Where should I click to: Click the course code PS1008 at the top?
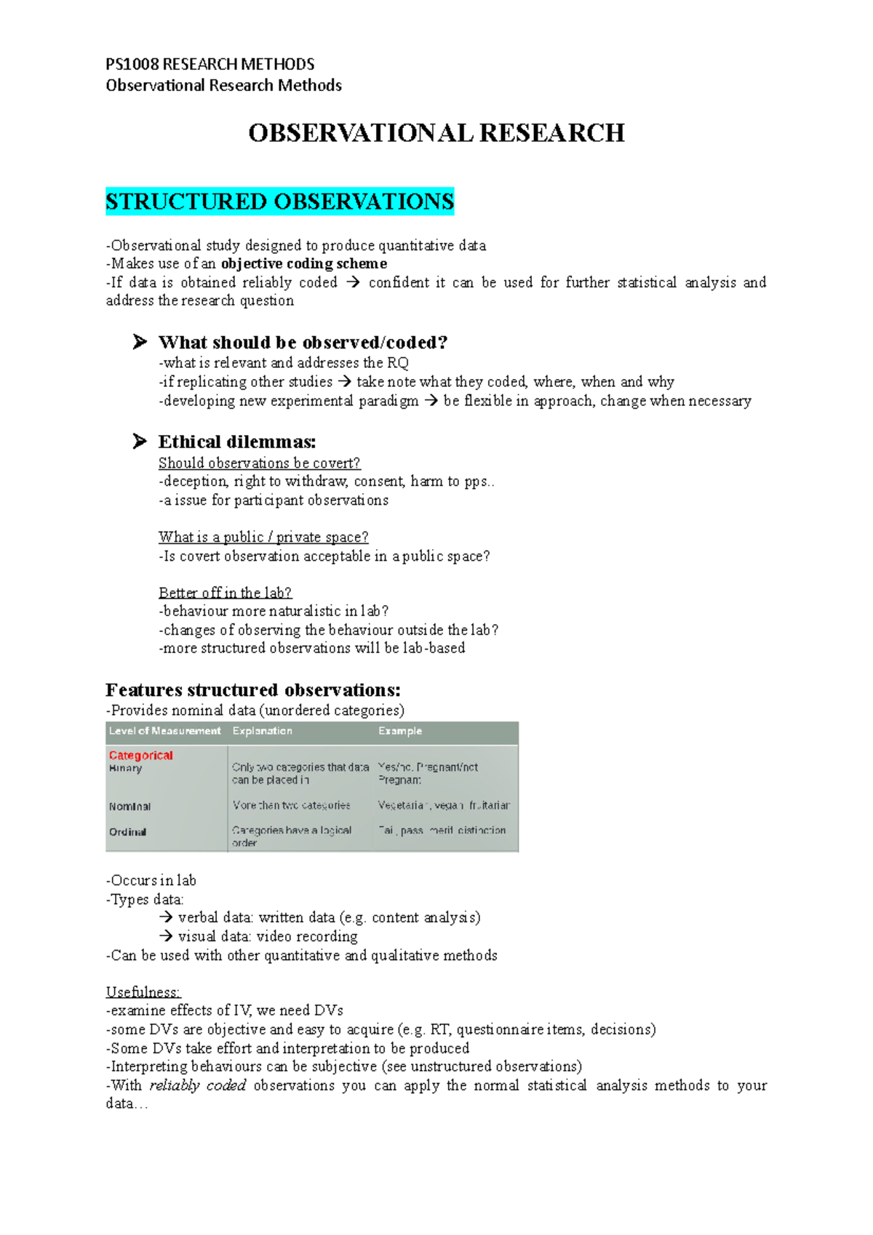132,64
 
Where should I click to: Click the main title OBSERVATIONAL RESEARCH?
436,133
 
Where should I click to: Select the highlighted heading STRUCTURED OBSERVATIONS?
279,201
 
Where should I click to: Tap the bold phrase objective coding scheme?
303,263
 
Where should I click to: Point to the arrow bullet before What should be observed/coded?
140,342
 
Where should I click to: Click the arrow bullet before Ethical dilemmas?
140,441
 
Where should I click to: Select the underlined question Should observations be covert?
259,463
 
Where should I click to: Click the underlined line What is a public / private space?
263,537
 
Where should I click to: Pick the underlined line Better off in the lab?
225,592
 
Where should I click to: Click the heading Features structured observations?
252,690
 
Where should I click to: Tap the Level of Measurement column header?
164,731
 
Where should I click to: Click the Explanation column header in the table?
262,731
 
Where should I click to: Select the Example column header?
399,731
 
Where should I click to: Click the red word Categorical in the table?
140,755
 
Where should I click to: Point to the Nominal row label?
129,806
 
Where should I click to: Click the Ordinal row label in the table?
127,831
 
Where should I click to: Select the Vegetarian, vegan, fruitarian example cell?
443,805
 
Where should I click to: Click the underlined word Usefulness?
143,991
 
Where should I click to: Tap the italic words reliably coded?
197,1085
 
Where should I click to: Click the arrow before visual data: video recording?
165,936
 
